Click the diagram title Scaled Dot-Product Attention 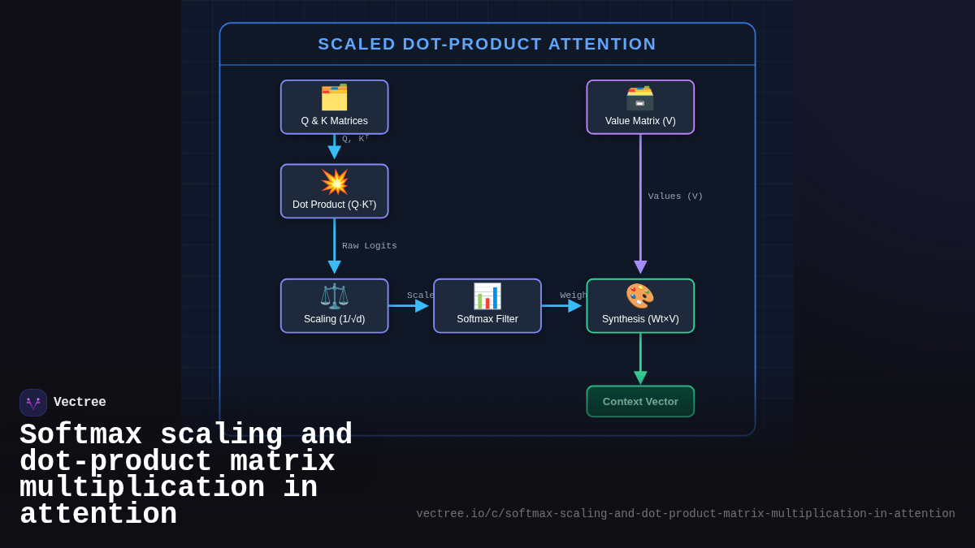click(487, 44)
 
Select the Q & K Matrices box click(334, 107)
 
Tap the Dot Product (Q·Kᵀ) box click(334, 192)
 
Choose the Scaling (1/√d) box click(334, 306)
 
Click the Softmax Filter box click(487, 306)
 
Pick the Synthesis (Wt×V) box click(640, 306)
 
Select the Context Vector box click(640, 401)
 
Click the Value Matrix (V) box click(640, 107)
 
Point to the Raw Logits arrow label click(369, 246)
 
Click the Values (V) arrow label click(675, 196)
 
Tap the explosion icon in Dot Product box click(334, 182)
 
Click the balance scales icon click(334, 296)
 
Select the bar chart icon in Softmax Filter click(487, 296)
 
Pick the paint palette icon click(640, 296)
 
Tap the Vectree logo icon click(33, 403)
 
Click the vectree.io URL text click(685, 514)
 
